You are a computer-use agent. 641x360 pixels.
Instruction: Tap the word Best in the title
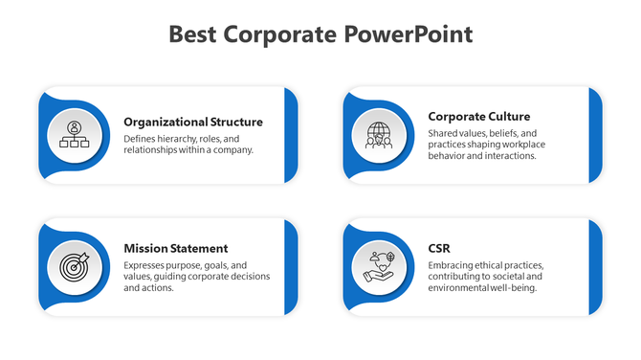193,35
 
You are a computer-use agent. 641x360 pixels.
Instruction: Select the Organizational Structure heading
193,122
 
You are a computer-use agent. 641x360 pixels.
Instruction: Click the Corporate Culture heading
479,116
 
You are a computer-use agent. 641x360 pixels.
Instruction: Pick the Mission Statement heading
176,248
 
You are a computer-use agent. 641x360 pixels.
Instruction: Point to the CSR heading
440,248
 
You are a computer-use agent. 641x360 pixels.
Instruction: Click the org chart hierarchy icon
75,135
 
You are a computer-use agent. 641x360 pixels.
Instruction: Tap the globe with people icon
379,135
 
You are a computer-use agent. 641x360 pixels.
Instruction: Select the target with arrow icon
75,265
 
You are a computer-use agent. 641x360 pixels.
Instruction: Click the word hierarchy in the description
180,138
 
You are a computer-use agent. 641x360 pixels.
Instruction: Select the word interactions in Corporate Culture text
511,156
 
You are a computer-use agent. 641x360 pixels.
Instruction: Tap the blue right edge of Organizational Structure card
291,135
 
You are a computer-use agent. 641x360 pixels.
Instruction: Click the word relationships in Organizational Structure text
154,149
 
